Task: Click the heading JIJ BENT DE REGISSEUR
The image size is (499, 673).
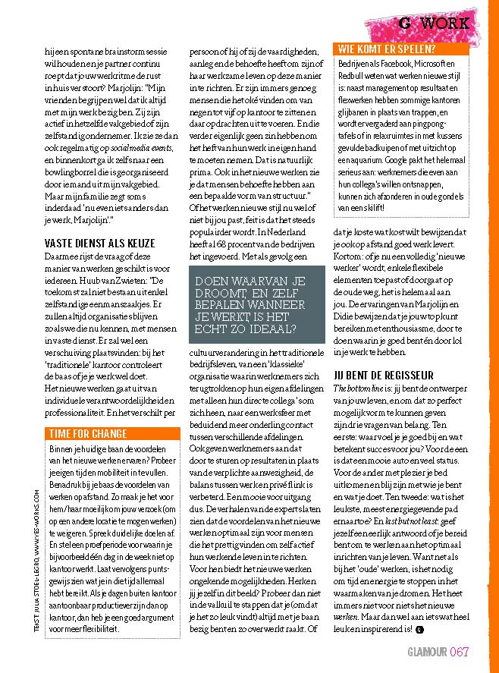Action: coord(384,376)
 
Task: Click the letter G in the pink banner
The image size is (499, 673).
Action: coord(405,23)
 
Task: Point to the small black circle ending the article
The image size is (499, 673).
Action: coord(418,629)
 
